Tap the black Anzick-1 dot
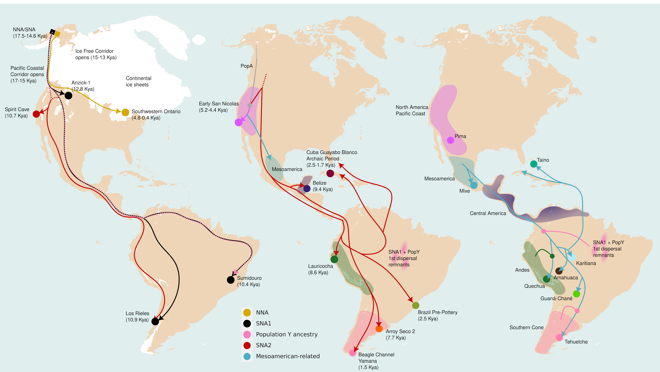click(x=68, y=96)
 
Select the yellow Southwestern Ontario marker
click(x=125, y=112)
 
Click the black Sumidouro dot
click(x=231, y=280)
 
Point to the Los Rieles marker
click(x=155, y=321)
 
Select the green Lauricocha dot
click(x=334, y=259)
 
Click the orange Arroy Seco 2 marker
click(x=379, y=329)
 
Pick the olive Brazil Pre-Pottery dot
click(x=416, y=305)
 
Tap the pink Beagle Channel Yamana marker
click(x=352, y=353)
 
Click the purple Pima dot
click(x=450, y=140)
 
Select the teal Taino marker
click(x=534, y=164)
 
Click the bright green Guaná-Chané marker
click(x=576, y=294)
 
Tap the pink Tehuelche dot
click(x=559, y=338)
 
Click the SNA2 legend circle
click(x=247, y=345)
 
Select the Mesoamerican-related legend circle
click(x=247, y=356)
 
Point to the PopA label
click(x=246, y=66)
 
